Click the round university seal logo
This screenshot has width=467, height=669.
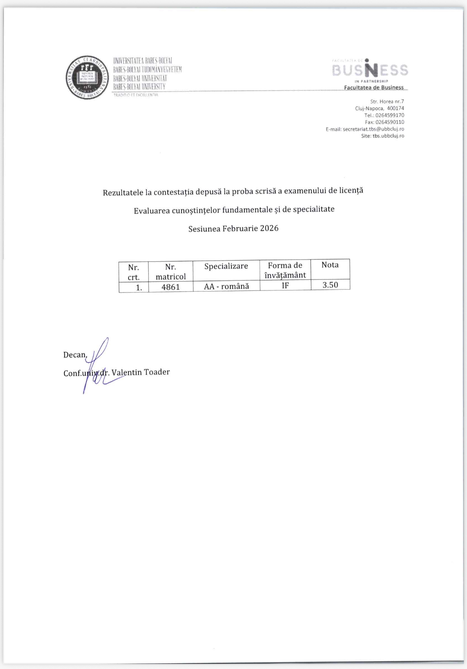pos(87,77)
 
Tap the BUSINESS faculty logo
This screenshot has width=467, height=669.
pos(370,70)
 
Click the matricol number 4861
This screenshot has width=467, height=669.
pos(170,287)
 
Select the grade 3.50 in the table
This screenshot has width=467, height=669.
pos(330,285)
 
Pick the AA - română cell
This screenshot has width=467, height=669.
pos(226,286)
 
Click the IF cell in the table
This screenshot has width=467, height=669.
pos(285,286)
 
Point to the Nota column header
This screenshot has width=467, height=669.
pos(330,265)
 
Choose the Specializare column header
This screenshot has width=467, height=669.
pos(226,266)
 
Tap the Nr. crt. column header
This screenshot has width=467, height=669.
pos(134,272)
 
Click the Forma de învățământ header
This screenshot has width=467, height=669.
pos(285,270)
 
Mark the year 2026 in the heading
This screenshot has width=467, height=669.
pos(269,228)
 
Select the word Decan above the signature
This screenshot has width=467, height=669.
pos(75,355)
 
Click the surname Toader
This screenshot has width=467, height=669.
pos(157,372)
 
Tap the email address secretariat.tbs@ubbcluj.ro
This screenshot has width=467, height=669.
pos(373,129)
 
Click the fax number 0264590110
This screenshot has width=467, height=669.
pos(390,122)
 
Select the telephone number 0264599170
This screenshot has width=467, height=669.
pos(390,115)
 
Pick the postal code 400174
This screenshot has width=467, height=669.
pos(395,108)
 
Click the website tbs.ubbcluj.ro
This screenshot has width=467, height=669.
pos(388,136)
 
